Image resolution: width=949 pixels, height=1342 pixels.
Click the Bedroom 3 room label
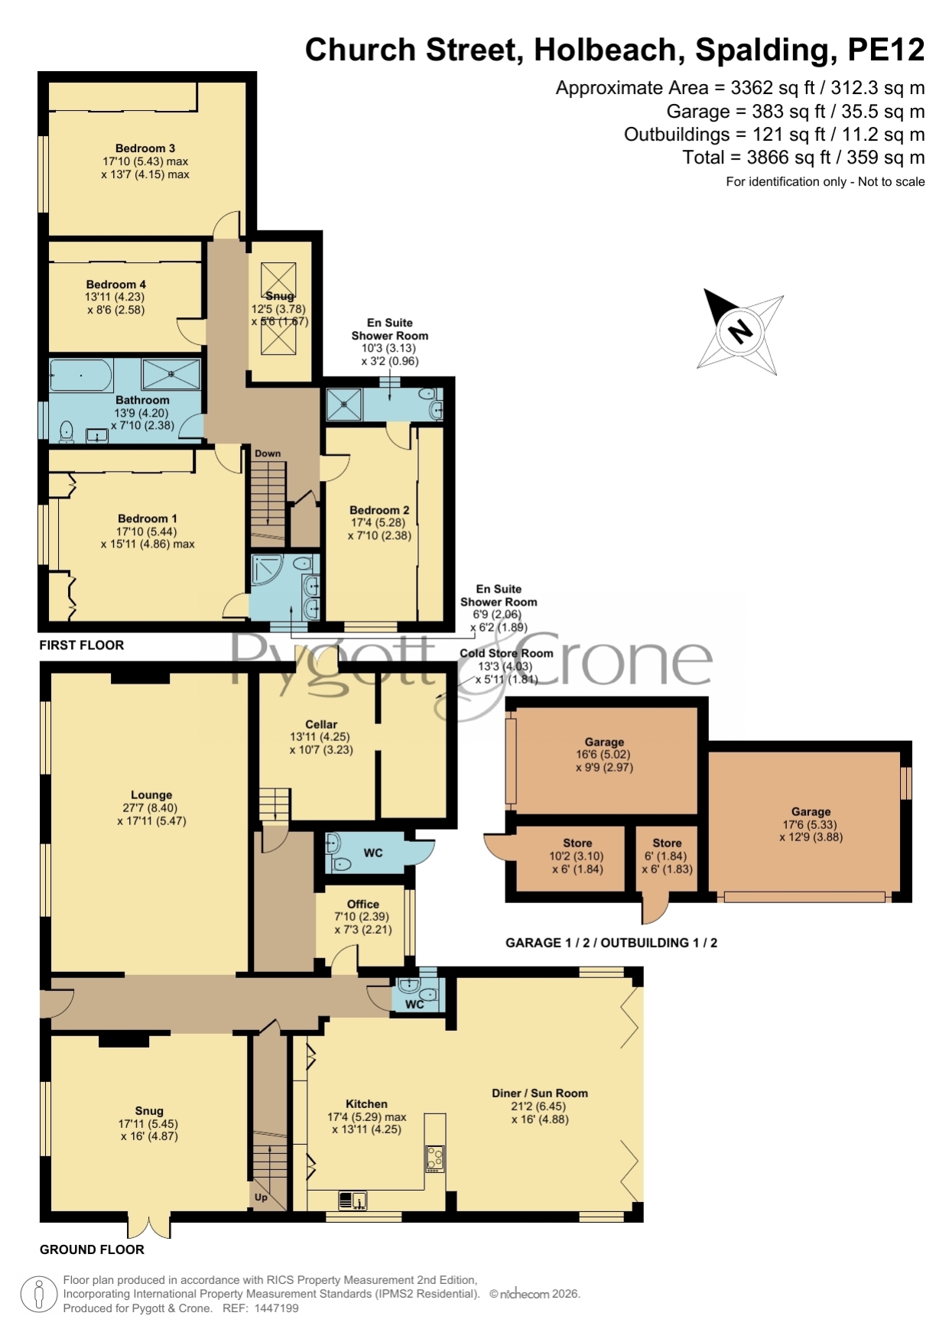(x=145, y=148)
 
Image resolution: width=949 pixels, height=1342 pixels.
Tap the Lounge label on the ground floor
(x=151, y=795)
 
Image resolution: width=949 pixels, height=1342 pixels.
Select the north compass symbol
(x=740, y=331)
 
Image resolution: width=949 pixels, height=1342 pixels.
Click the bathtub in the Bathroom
(x=81, y=375)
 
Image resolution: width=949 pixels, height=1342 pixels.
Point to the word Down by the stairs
(x=268, y=453)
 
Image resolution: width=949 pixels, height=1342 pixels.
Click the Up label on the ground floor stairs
(x=261, y=1197)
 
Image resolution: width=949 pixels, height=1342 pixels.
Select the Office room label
(x=362, y=904)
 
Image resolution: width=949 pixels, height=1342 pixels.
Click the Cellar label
(x=321, y=724)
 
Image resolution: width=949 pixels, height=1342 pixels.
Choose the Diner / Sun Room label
(x=540, y=1093)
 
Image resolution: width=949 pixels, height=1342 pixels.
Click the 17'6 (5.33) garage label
(x=811, y=824)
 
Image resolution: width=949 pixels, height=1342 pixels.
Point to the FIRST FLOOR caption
(x=82, y=645)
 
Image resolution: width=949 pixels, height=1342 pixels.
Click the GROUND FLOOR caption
(x=92, y=1249)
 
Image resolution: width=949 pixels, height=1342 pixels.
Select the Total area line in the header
(x=804, y=158)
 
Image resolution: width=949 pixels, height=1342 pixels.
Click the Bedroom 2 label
(x=379, y=510)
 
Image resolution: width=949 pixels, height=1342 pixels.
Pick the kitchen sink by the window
(x=353, y=1201)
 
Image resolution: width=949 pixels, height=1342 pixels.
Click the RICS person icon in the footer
(x=38, y=1295)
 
